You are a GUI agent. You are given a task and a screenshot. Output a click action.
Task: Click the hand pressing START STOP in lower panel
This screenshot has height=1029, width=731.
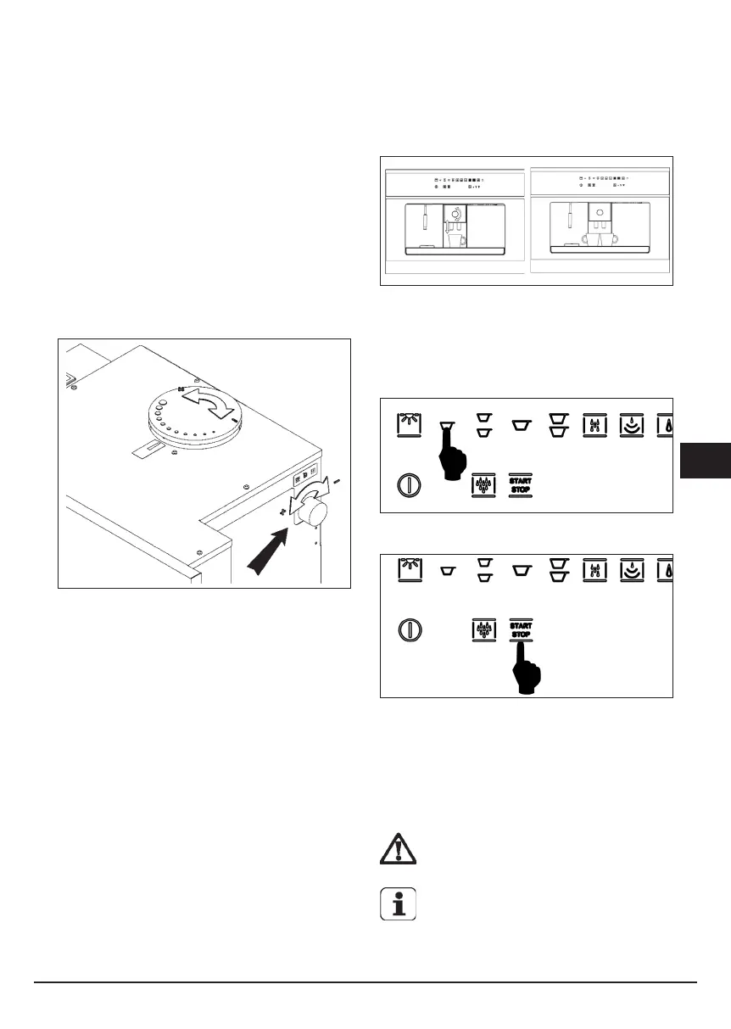click(x=527, y=667)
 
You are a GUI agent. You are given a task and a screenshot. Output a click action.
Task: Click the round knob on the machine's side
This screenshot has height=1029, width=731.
click(x=313, y=512)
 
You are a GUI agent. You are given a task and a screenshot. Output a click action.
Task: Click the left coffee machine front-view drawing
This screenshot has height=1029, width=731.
click(x=455, y=224)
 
